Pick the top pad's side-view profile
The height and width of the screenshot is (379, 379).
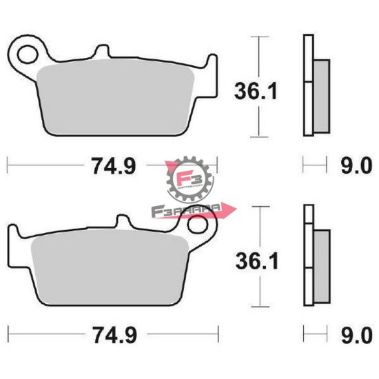pyautogui.click(x=314, y=86)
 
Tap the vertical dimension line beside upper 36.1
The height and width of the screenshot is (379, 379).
pyautogui.click(x=259, y=86)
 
